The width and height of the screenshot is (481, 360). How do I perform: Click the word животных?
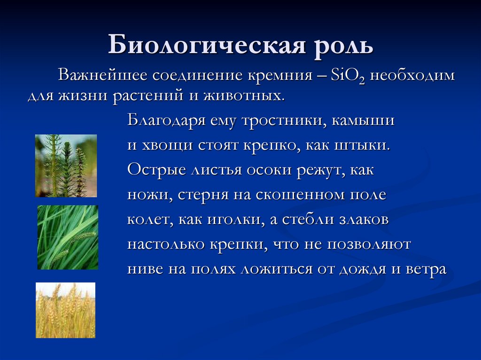click(x=244, y=96)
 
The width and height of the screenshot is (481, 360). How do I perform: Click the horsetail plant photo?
click(x=66, y=166)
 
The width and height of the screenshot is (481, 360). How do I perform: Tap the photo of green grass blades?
click(x=68, y=237)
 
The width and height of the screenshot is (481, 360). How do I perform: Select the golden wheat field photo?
click(x=66, y=310)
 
